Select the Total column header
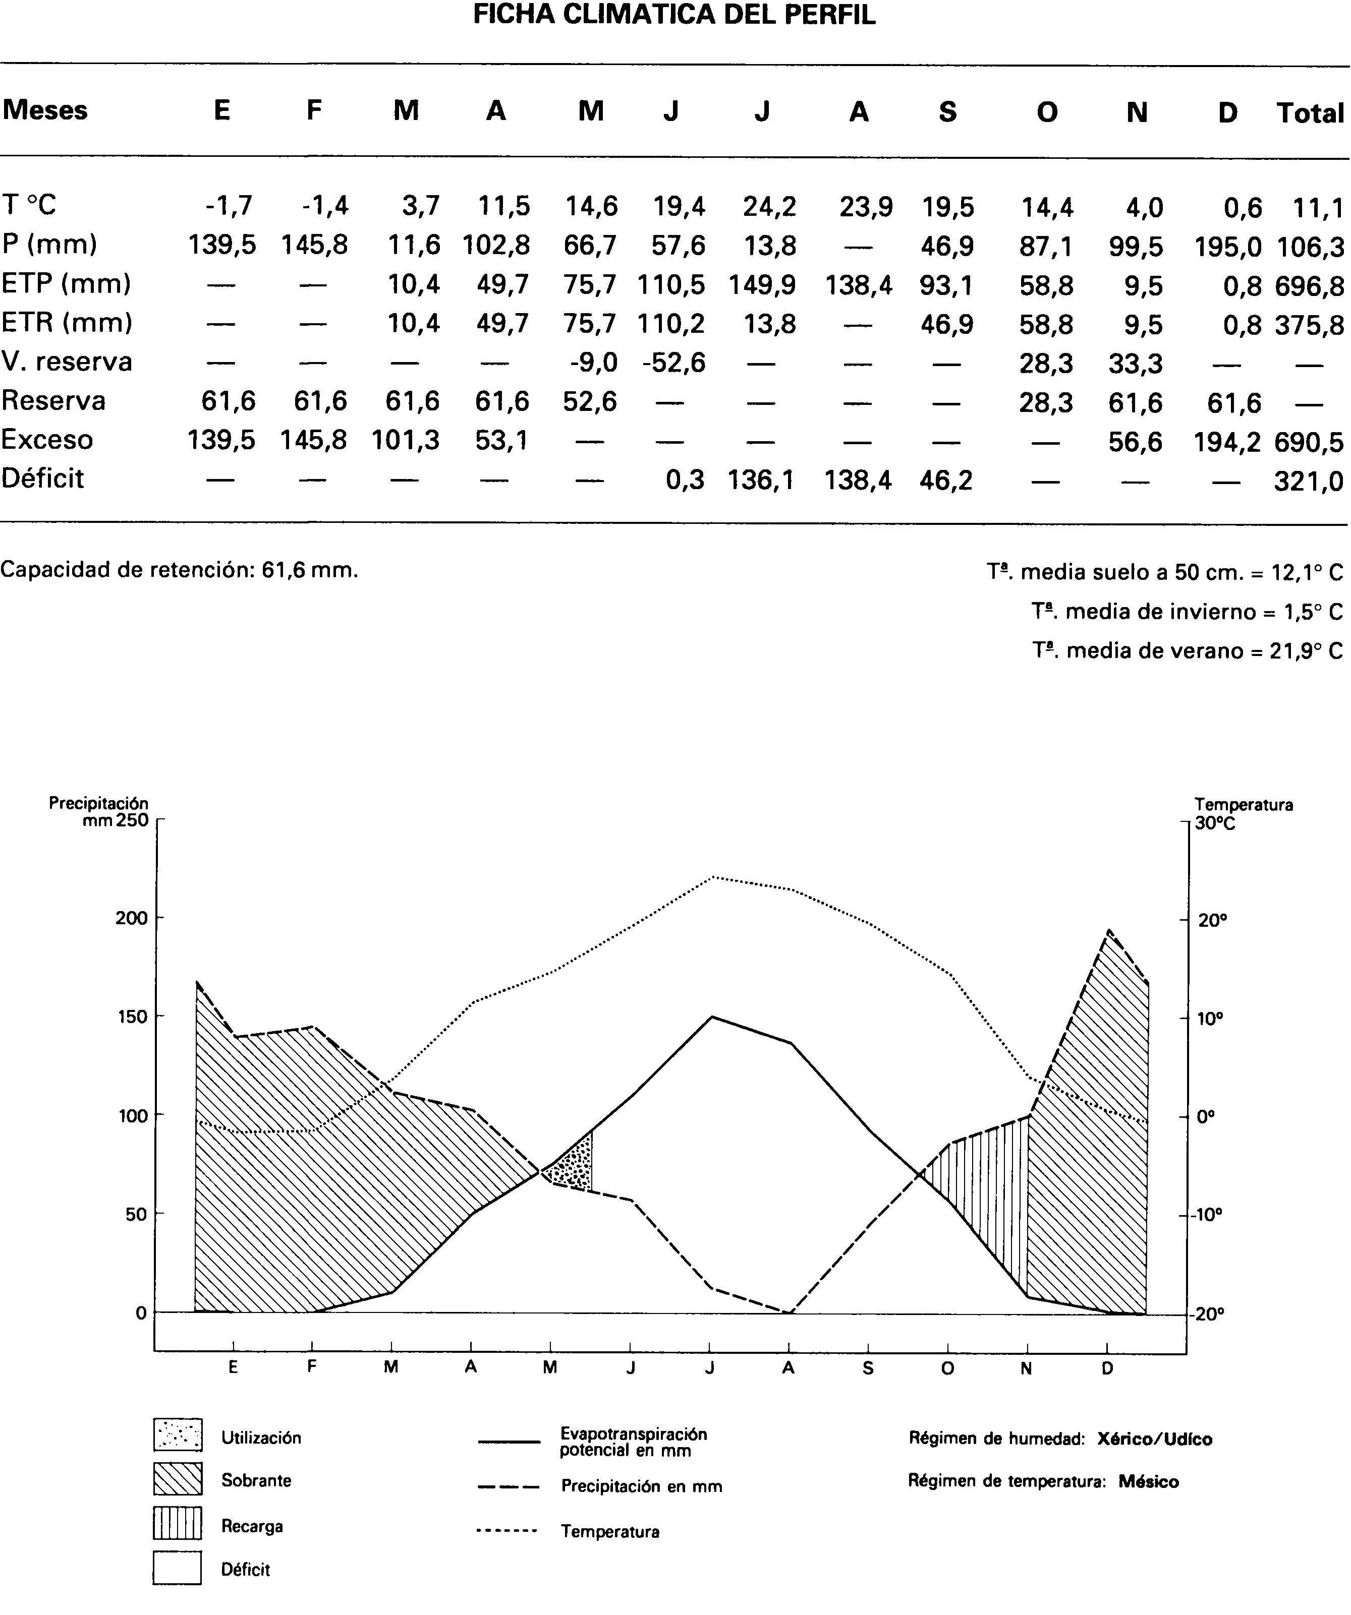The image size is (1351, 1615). point(1310,113)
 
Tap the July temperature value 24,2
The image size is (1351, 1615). point(769,207)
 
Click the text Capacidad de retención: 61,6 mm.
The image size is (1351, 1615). point(179,570)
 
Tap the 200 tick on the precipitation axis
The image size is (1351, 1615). point(132,918)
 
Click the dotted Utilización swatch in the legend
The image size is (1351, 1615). point(178,1434)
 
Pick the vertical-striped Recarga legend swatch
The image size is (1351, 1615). point(178,1523)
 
